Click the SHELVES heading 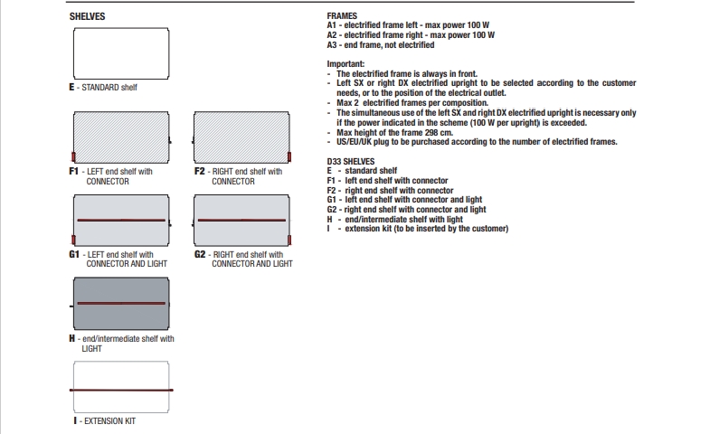(87, 16)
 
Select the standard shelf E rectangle (121, 53)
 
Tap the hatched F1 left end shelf (121, 137)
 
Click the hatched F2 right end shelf (241, 137)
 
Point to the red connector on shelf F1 (73, 157)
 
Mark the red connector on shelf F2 (289, 157)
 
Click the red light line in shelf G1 (121, 220)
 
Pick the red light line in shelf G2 (241, 220)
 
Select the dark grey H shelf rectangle (121, 304)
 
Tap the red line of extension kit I (121, 390)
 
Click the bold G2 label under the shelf (200, 254)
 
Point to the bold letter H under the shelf (72, 339)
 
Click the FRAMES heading (342, 16)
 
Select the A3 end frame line (381, 45)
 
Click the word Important (345, 64)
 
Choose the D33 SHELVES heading (351, 161)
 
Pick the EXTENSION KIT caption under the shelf (110, 420)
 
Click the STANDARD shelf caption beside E (109, 87)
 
